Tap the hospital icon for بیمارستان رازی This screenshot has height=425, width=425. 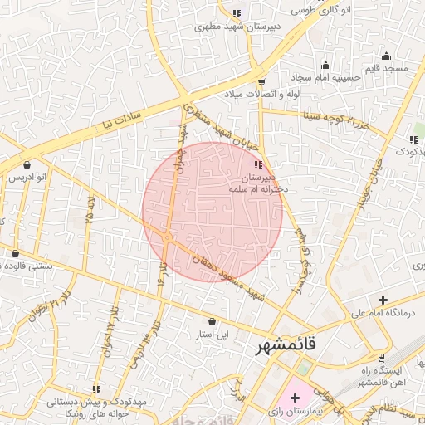click(295, 398)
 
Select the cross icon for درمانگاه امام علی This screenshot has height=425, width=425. click(383, 300)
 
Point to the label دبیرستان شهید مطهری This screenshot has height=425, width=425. click(234, 27)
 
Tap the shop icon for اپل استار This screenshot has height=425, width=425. click(211, 321)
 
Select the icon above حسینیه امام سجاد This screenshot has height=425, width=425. click(325, 66)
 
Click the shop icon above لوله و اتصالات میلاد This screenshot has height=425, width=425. click(261, 82)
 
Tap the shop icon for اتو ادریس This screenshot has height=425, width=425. click(27, 164)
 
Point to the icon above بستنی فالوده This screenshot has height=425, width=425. click(16, 253)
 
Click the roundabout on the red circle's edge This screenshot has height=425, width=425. click(168, 237)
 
